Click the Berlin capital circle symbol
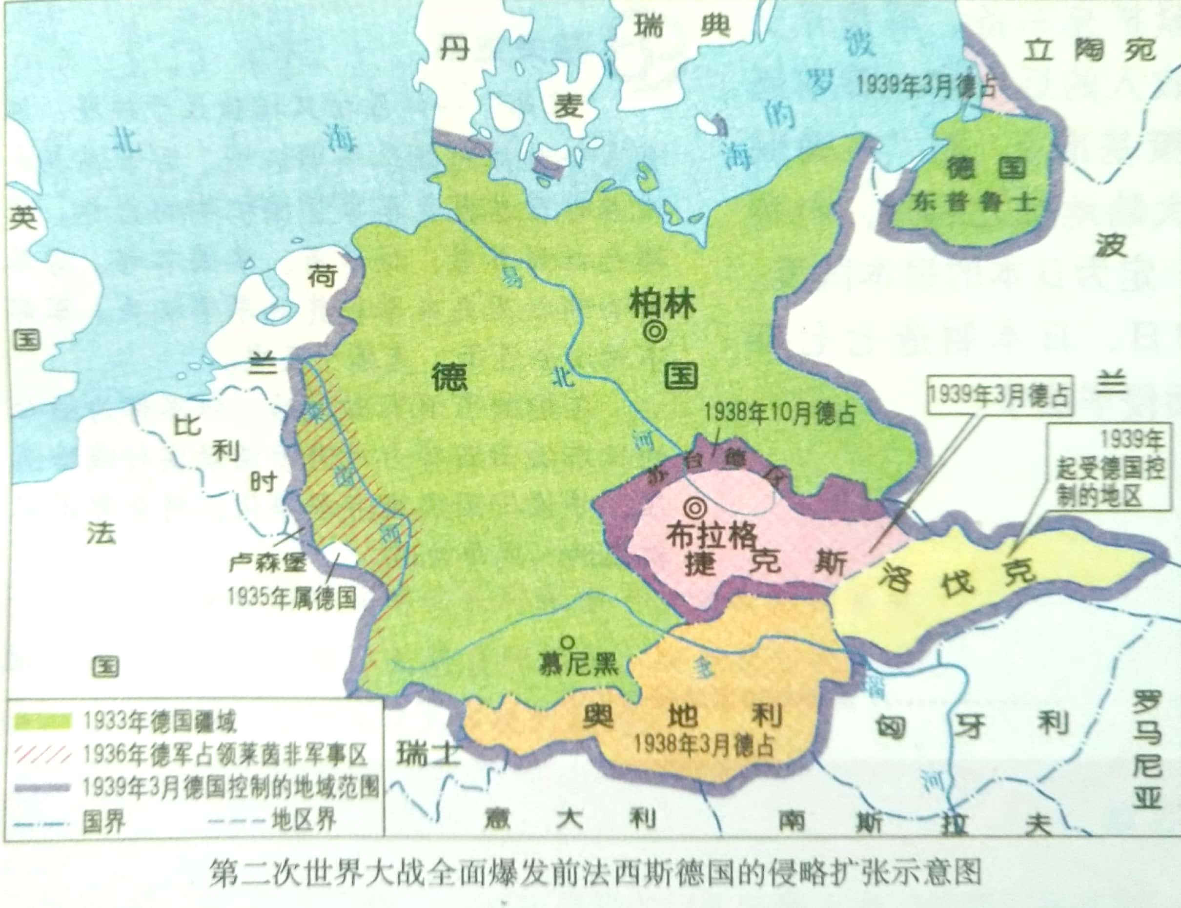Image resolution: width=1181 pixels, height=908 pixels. point(655,331)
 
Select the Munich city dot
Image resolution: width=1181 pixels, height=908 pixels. point(567,641)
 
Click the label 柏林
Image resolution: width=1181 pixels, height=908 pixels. point(663,306)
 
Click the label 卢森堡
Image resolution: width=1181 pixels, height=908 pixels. point(267,563)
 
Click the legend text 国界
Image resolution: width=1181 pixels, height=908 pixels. point(104,822)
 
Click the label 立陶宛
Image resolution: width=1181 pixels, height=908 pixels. point(1090,52)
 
